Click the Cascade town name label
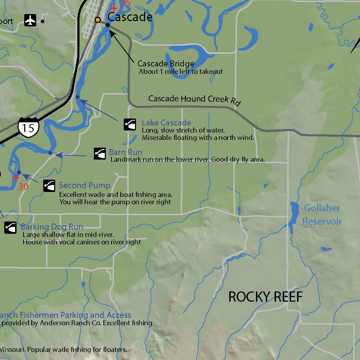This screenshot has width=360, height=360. point(130,17)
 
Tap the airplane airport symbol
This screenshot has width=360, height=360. point(31,21)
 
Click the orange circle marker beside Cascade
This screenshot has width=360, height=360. point(98,20)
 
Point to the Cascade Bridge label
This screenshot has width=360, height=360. point(166,64)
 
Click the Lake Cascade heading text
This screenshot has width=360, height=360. point(166,123)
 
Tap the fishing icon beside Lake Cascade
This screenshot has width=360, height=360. point(130,124)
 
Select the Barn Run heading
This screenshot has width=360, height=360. point(126,152)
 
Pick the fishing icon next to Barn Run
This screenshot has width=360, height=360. point(100,154)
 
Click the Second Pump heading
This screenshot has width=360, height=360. point(84,185)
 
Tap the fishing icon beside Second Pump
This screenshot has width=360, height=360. point(49,186)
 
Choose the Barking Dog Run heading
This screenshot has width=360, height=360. point(52,227)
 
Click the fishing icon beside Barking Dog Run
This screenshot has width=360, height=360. point(11,227)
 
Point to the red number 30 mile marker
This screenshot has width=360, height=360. point(23,186)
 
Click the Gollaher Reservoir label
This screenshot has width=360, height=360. point(322,214)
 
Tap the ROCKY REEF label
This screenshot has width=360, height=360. point(265,297)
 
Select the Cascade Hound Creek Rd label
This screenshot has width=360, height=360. point(194,99)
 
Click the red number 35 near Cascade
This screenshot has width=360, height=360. point(125,3)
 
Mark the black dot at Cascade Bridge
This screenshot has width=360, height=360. point(108,25)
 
